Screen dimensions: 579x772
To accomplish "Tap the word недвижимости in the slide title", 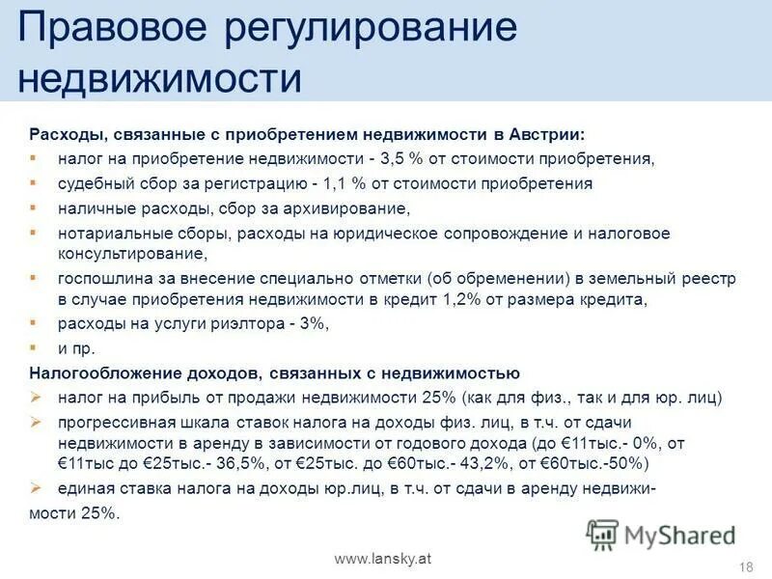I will pos(160,76).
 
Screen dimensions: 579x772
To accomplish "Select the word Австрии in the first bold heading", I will pos(548,134).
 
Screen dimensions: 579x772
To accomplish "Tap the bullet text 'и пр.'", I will pos(76,347).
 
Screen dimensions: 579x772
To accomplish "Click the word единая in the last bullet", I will pos(82,490).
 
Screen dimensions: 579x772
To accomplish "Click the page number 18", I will pos(744,565).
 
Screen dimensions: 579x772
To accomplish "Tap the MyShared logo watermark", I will pos(661,535).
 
